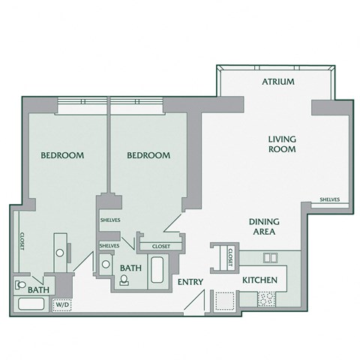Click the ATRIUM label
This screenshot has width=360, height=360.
coord(277,82)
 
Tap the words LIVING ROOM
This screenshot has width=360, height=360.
coord(283,144)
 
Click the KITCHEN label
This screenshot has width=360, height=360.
coord(260,280)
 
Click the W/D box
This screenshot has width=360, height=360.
coord(60,304)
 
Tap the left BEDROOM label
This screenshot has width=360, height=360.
coord(61,155)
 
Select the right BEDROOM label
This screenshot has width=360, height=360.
coord(148,155)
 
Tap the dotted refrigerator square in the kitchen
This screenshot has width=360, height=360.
coord(224,300)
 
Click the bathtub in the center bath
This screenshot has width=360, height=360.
coord(158,269)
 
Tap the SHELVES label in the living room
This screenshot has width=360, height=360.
coord(329,199)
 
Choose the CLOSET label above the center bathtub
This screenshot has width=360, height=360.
coord(160,246)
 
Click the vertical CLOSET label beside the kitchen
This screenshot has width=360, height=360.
coord(231,256)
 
